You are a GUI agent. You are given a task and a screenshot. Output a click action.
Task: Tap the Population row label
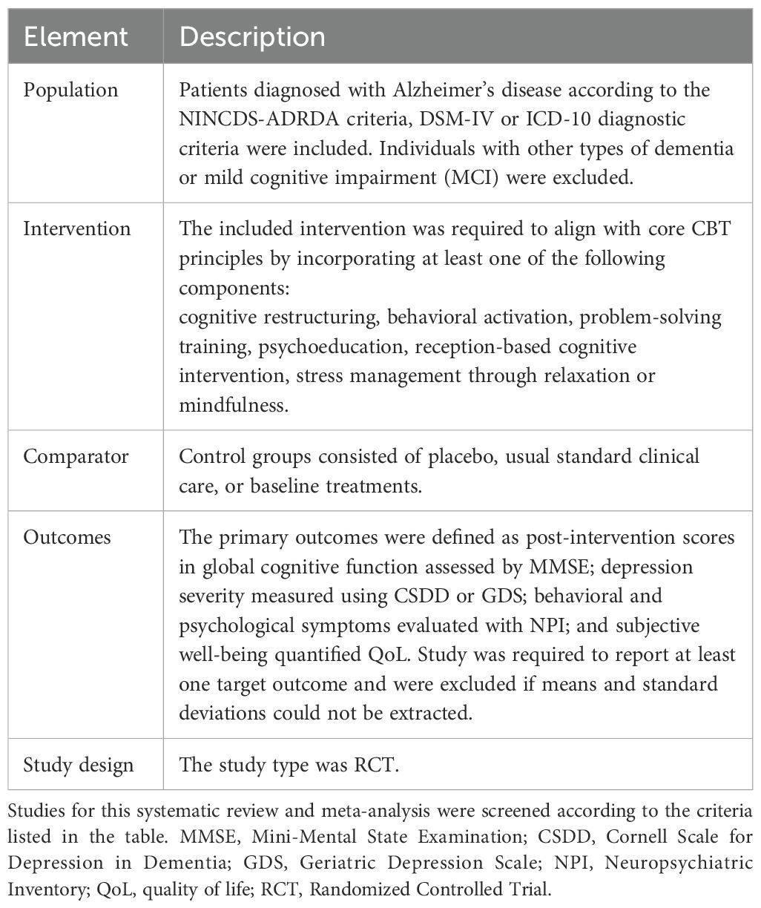pyautogui.click(x=70, y=91)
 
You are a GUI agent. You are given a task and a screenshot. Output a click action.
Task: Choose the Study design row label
pyautogui.click(x=78, y=764)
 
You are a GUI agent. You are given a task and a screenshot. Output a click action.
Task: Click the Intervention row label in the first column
pyautogui.click(x=78, y=228)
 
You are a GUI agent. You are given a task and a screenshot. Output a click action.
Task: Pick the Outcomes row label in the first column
pyautogui.click(x=68, y=537)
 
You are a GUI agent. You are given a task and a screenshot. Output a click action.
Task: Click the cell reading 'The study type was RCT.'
pyautogui.click(x=289, y=764)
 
